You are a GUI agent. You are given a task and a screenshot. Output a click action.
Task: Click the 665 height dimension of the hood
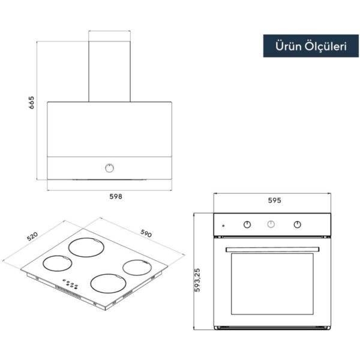click(x=31, y=103)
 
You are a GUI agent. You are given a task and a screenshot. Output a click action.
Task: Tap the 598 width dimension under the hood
click(x=116, y=197)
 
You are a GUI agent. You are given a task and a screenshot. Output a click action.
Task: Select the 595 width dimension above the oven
click(x=275, y=200)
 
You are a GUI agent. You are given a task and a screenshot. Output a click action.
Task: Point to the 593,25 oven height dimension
click(x=197, y=280)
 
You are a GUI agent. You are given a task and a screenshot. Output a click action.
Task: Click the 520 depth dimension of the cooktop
click(x=32, y=236)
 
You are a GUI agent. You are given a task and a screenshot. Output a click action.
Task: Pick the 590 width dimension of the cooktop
click(x=146, y=233)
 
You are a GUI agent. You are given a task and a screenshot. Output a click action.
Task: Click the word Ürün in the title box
click(x=289, y=46)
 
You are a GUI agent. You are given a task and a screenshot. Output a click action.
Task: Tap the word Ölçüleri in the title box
click(x=326, y=46)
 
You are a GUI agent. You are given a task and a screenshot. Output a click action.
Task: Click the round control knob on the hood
click(x=110, y=168)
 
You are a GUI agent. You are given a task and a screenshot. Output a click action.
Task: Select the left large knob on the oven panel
click(x=247, y=224)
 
